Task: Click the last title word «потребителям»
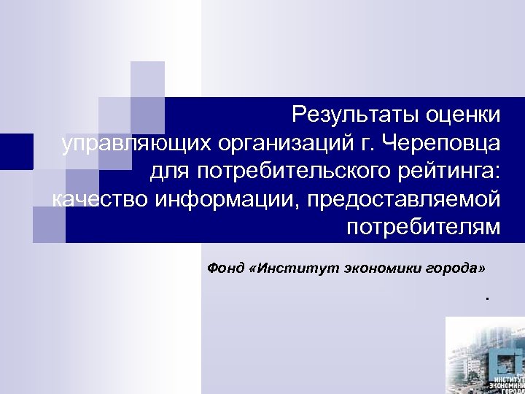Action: [424, 227]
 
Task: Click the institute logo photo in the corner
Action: [485, 355]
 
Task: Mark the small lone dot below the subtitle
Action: [483, 298]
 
